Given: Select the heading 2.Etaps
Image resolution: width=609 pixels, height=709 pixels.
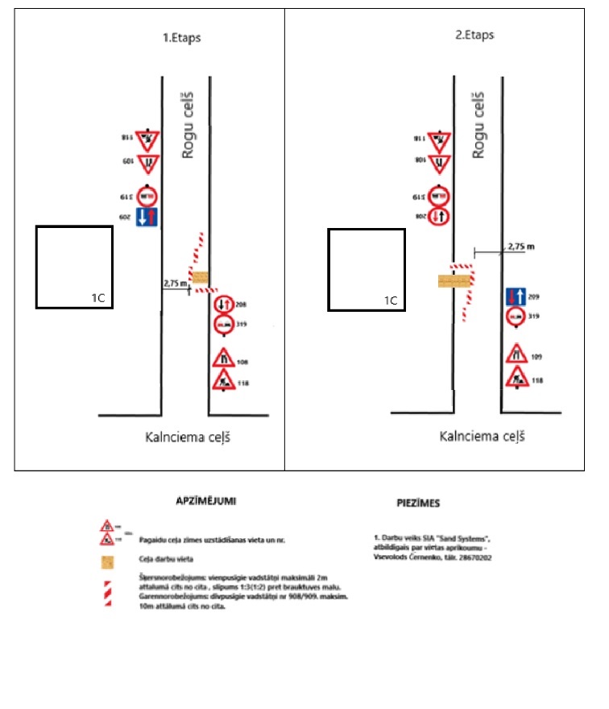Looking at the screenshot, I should (474, 35).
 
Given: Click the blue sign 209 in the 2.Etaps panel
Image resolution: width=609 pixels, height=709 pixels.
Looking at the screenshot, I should (516, 296).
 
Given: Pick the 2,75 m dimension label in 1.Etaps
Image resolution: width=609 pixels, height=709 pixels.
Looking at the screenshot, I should (175, 284).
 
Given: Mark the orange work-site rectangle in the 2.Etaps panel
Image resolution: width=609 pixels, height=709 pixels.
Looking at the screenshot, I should (454, 280).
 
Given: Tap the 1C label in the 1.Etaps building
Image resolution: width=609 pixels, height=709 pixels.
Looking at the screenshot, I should (97, 298).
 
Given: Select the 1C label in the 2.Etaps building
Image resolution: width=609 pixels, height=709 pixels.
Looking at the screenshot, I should (390, 301).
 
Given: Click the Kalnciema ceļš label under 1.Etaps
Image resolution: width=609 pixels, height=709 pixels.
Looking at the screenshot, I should (193, 438).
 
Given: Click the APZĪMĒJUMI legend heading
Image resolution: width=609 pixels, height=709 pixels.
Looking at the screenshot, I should (205, 500).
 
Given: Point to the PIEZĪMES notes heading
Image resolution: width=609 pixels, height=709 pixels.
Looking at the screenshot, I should (418, 504).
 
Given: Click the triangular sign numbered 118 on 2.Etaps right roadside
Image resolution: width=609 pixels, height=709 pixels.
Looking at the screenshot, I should (516, 377).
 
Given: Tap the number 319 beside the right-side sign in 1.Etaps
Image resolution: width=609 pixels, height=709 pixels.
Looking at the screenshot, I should (242, 325).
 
